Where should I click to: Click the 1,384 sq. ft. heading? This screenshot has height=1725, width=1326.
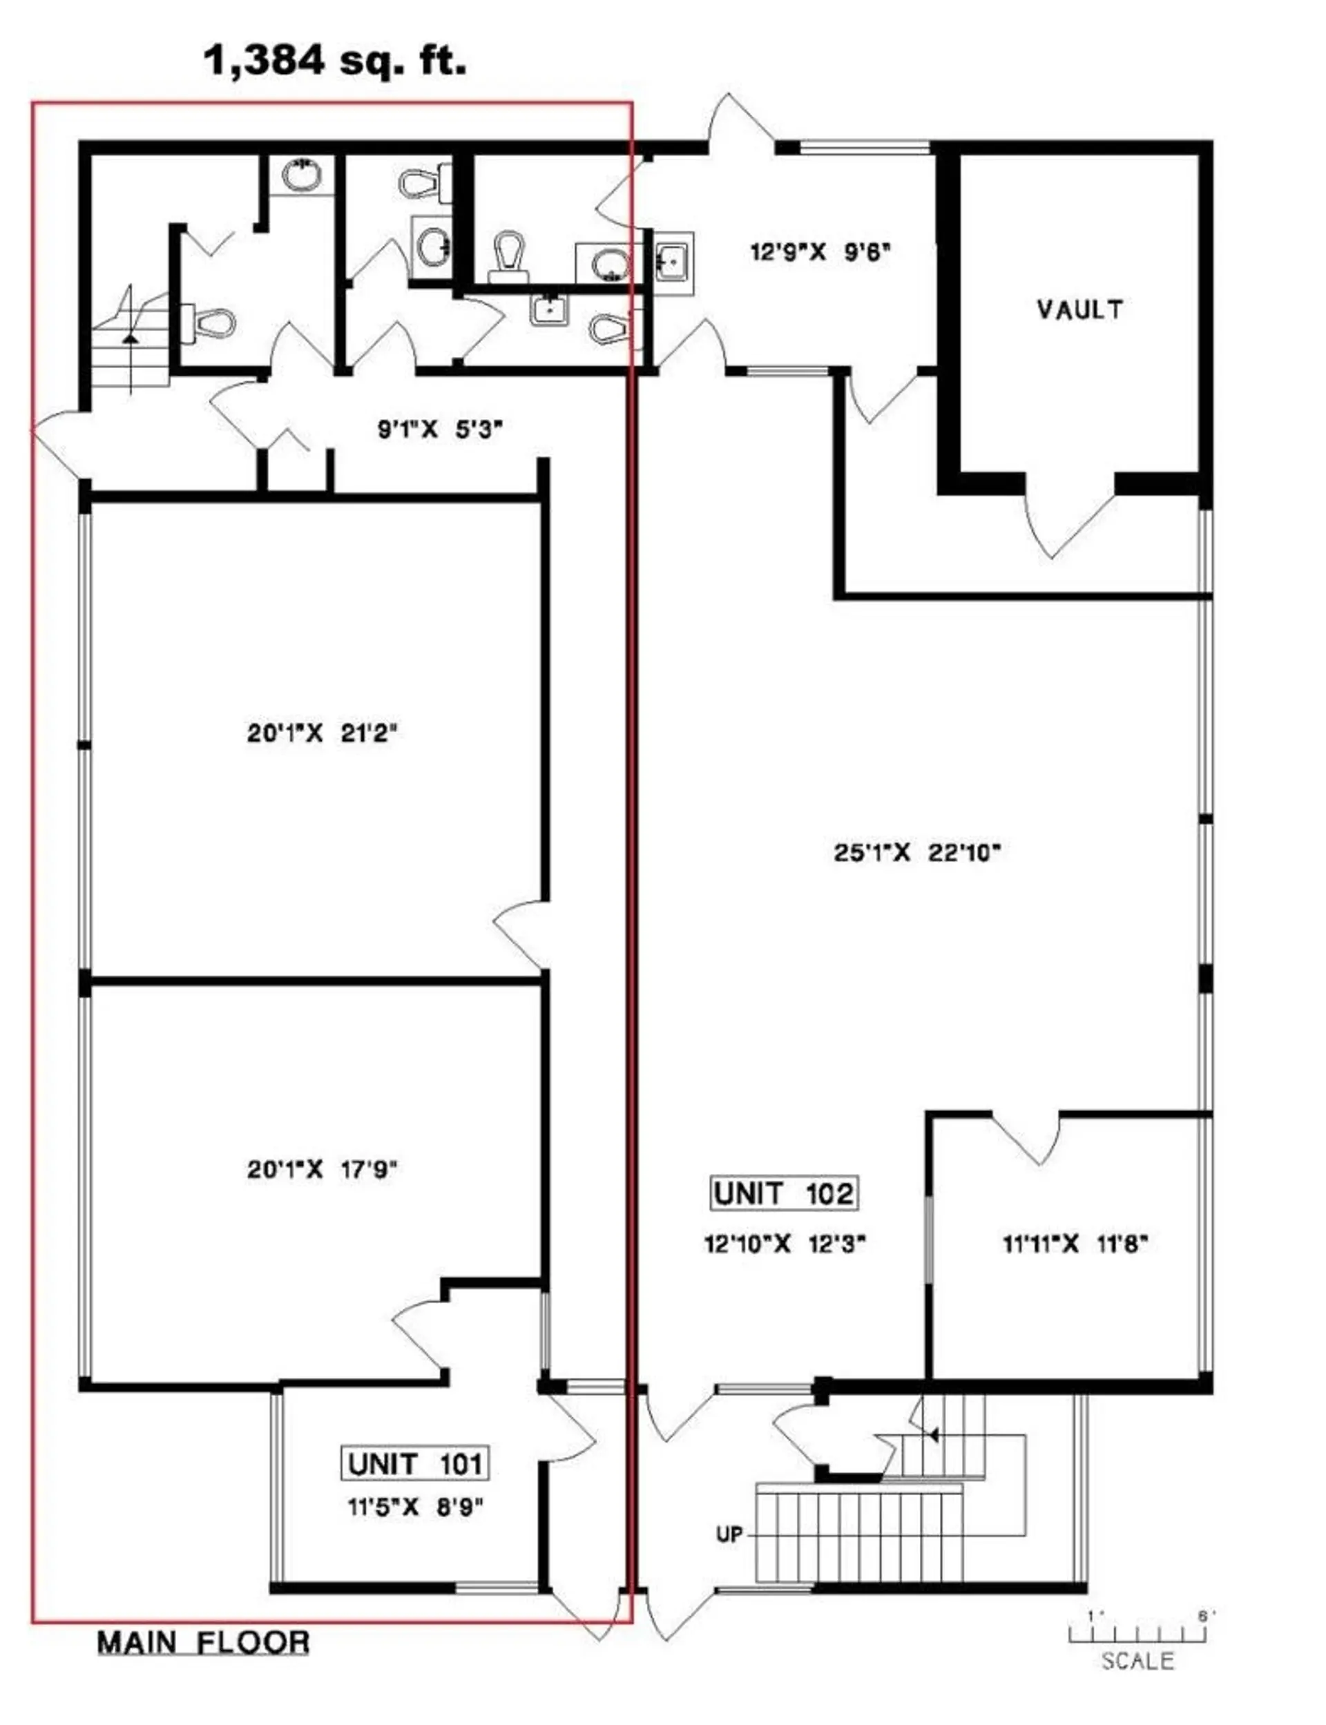[335, 60]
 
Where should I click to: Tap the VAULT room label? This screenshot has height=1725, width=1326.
[1079, 309]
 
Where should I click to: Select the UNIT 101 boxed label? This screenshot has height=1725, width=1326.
[414, 1464]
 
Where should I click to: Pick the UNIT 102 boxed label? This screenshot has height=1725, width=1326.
[783, 1193]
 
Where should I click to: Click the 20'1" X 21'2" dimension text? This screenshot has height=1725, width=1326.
[321, 733]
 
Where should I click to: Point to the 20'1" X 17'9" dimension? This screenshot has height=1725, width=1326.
[321, 1168]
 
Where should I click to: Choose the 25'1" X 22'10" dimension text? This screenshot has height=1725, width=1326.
[916, 853]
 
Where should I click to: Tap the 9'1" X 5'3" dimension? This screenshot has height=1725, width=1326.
[440, 430]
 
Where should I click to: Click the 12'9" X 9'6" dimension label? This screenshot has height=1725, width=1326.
[819, 253]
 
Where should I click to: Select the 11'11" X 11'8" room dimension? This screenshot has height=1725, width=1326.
[1074, 1244]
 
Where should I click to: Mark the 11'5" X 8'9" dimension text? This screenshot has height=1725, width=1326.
[414, 1508]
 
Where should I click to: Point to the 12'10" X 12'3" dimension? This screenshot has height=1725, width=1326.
[785, 1244]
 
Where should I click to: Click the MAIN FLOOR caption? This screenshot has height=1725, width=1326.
[203, 1643]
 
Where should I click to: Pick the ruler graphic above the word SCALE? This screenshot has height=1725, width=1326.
[1137, 1632]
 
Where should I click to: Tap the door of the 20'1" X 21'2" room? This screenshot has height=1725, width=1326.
[521, 935]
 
